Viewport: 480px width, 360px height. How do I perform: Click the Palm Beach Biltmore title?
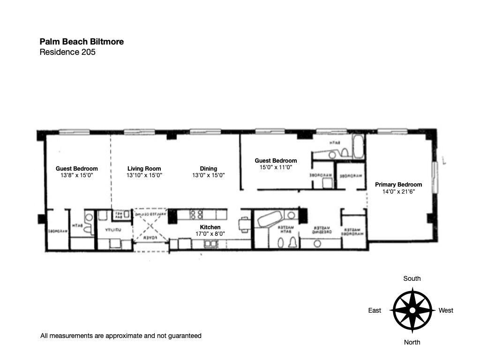(x=82, y=42)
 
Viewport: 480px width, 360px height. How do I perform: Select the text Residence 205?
(x=67, y=52)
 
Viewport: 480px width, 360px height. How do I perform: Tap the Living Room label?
(x=144, y=169)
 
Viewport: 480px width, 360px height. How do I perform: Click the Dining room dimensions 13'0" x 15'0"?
(x=208, y=175)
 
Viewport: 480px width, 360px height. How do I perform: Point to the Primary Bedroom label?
(x=398, y=185)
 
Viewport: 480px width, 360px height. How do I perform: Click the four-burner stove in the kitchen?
(x=197, y=215)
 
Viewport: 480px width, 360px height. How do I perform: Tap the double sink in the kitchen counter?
(x=210, y=243)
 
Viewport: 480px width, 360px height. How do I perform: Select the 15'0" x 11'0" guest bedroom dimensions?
(x=276, y=167)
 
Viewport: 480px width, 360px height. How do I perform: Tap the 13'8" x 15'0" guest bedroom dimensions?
(x=77, y=175)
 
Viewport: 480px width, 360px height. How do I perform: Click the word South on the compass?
(x=412, y=278)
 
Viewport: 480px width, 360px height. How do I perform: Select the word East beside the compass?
(x=375, y=310)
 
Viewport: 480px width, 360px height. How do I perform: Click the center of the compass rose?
(x=412, y=310)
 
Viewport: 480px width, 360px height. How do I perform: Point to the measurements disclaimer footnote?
(x=121, y=336)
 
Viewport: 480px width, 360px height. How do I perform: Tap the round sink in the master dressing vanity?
(x=317, y=243)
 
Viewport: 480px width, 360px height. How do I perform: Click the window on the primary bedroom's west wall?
(x=435, y=177)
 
